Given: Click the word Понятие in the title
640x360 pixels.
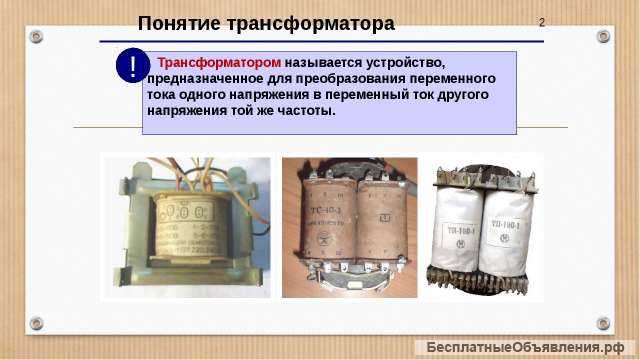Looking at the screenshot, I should tap(176, 23).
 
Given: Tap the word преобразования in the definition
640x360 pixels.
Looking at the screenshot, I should tap(354, 77).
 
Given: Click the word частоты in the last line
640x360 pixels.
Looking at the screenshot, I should tap(303, 109).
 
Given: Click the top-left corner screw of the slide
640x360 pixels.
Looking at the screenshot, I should tap(36, 36).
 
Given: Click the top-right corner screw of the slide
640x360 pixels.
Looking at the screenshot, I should tap(603, 36).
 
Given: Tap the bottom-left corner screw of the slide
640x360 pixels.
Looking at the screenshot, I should tap(36, 323).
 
